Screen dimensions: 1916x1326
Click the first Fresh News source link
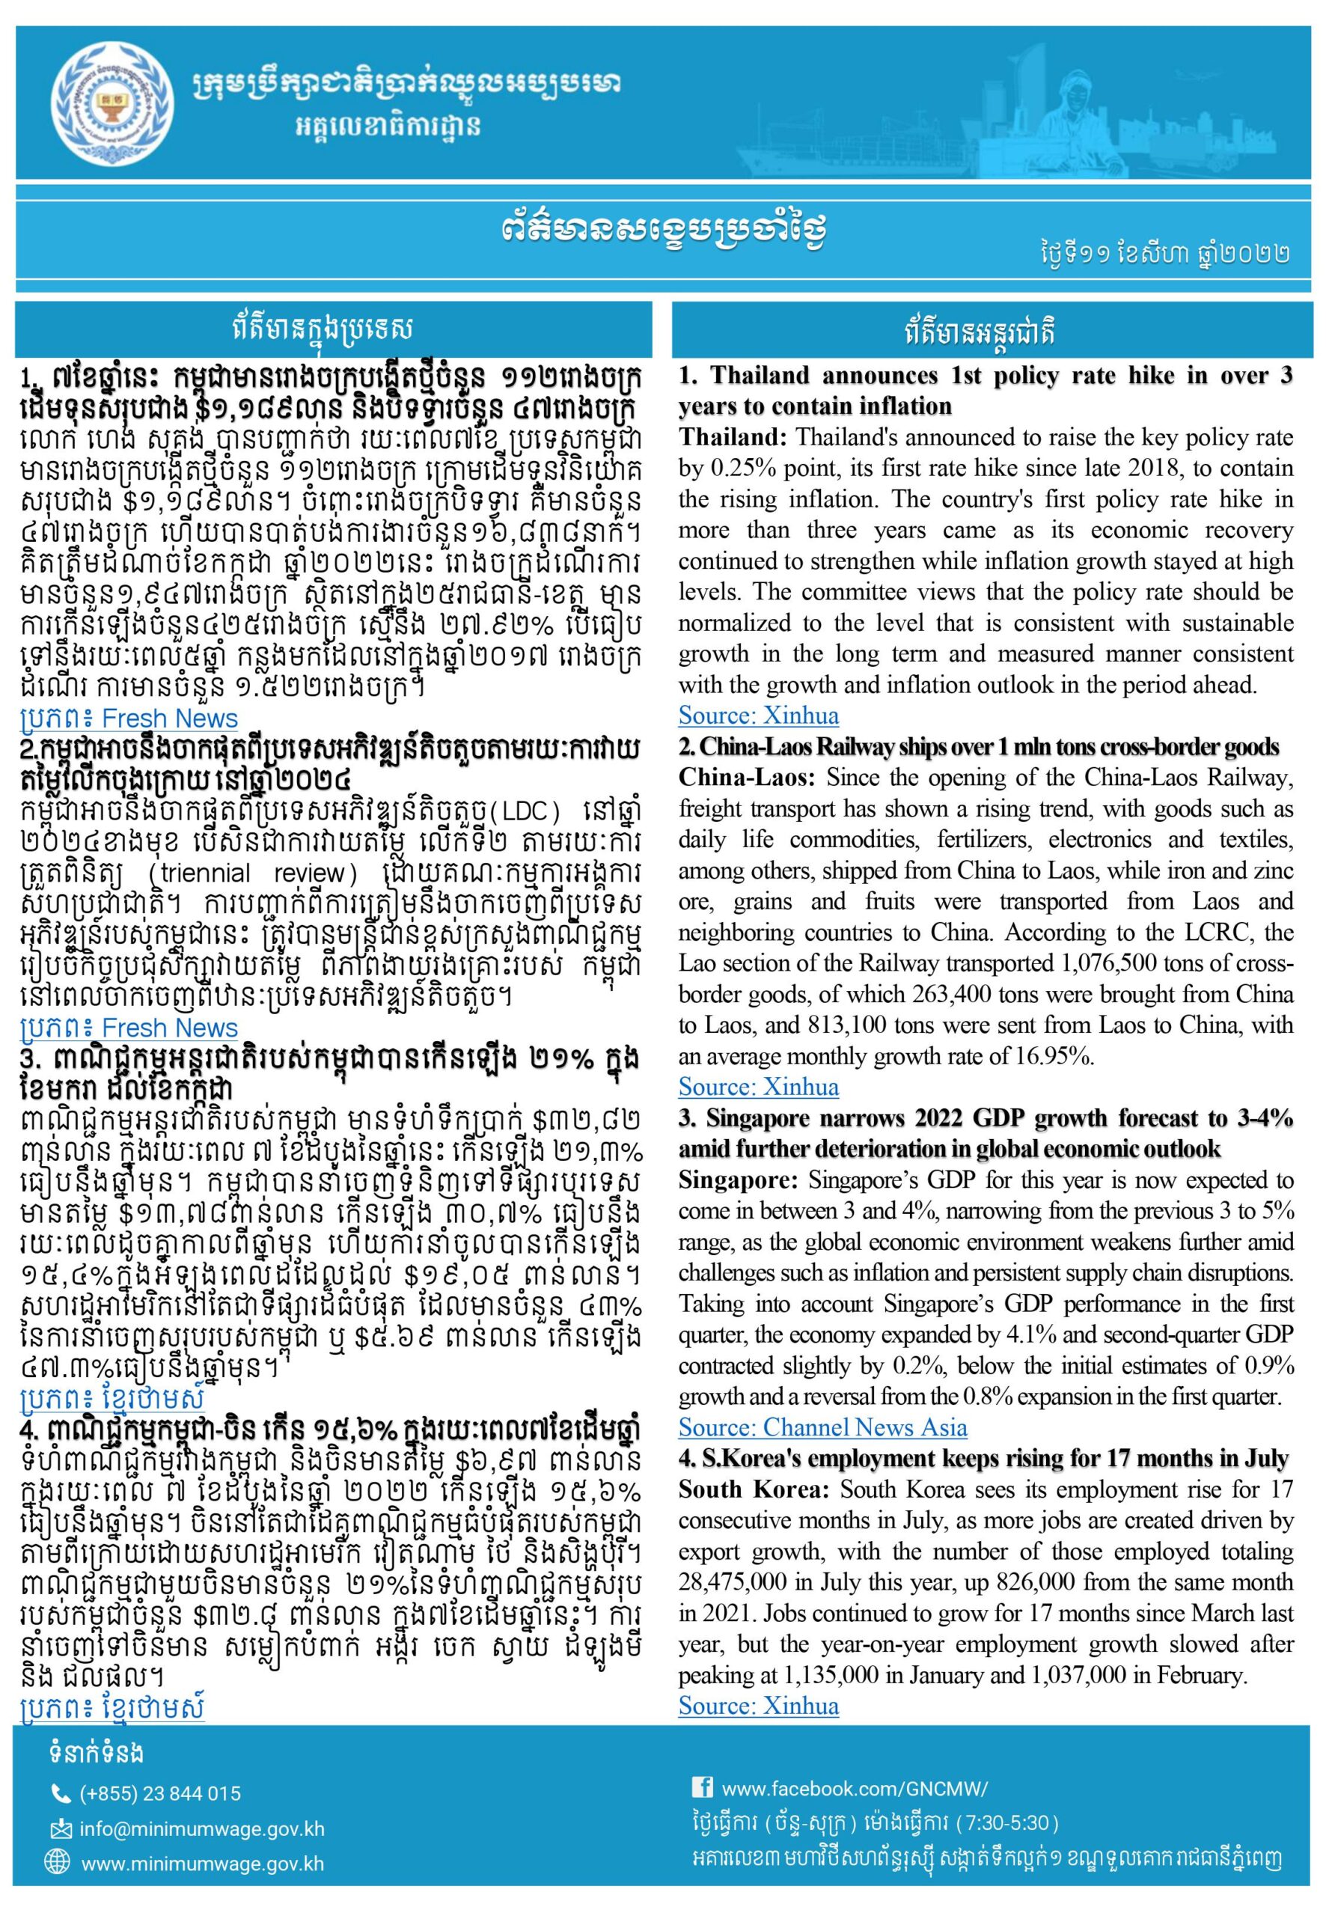point(129,718)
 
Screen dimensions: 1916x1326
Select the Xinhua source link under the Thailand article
point(759,716)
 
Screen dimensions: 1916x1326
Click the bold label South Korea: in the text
point(754,1489)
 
